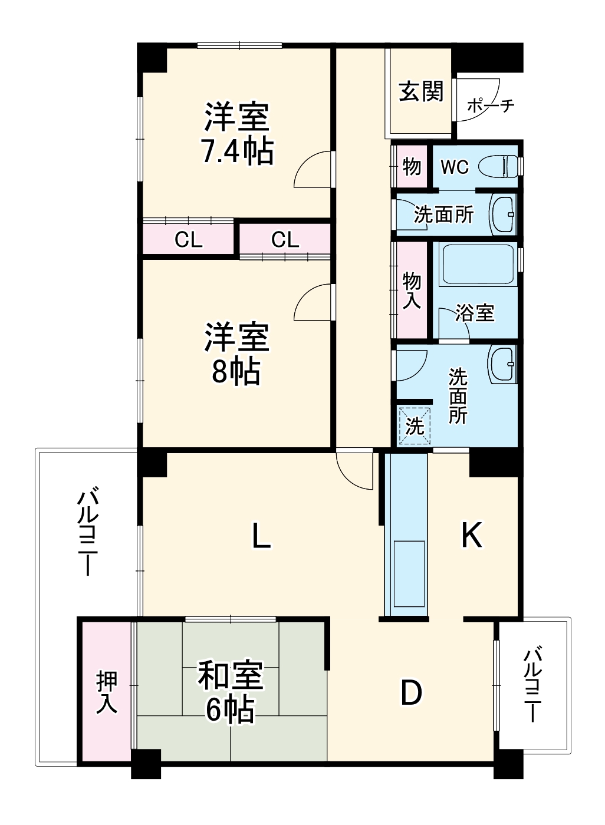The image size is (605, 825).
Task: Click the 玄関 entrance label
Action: pos(421,91)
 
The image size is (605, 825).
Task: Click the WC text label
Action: pos(455,167)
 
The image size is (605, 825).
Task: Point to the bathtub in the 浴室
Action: pos(476,265)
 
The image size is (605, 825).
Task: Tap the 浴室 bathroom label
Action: pos(475,313)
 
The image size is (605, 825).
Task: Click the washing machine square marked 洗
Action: pos(415,425)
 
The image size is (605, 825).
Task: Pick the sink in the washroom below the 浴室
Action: pos(502,364)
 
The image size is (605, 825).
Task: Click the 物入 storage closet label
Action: pos(412,291)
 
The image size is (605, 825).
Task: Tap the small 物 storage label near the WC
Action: pos(412,167)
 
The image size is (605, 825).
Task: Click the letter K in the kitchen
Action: pos(472,536)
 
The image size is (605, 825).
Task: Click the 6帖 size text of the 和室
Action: pos(230,710)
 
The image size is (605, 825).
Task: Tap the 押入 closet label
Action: pos(107,692)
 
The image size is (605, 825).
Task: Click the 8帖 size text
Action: pos(236,371)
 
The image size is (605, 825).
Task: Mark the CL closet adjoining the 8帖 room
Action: pos(285,240)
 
